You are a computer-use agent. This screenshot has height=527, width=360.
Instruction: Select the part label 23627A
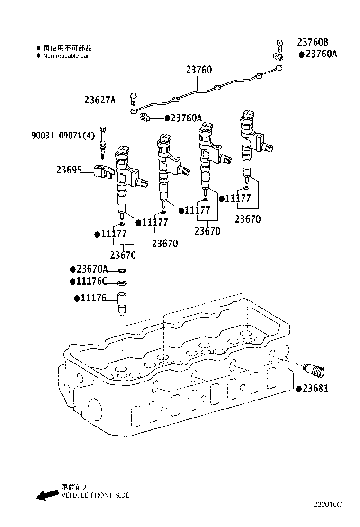coord(100,100)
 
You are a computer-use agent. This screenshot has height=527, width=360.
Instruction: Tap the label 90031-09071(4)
coord(63,136)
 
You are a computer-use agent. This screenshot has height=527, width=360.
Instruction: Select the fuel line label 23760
coord(198,70)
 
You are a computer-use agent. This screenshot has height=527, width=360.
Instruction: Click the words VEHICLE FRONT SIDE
coord(95,495)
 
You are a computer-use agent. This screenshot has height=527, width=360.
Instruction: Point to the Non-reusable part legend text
coord(66,56)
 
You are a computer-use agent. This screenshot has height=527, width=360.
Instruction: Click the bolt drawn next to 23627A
coord(134,99)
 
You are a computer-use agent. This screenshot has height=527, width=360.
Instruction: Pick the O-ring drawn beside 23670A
coord(122,271)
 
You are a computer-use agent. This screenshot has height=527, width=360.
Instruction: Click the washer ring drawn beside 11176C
coord(122,283)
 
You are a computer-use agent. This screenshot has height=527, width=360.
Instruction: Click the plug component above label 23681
coord(312,370)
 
